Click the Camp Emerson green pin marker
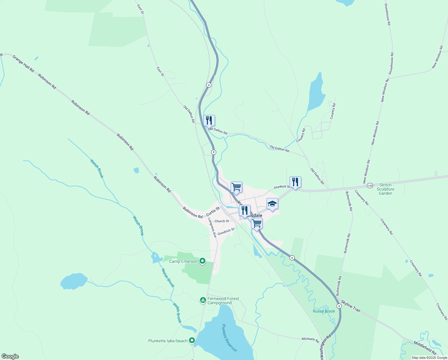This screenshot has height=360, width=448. pos(202,261)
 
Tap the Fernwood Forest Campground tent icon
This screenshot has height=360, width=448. pos(203,300)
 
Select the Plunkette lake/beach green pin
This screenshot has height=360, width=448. pos(192,340)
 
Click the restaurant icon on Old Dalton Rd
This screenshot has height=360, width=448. pos(209,121)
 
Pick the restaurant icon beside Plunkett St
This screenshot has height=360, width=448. pos(295,182)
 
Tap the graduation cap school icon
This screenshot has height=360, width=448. pos(272,204)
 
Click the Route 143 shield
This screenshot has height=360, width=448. pos(370,186)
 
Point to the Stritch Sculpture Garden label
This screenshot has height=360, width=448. pos(385,189)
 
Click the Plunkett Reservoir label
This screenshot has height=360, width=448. pos(230,337)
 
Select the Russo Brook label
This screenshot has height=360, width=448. pos(324,311)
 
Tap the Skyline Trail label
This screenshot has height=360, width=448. pos(351,306)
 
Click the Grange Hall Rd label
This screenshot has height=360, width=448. pos(23,64)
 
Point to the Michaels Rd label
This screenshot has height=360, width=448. pos(310,339)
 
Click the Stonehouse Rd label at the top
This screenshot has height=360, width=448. pos(388,14)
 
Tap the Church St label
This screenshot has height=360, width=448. pos(222,221)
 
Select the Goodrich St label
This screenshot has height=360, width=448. pos(226,232)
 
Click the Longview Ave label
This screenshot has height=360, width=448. pos(212,228)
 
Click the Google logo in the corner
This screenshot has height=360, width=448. pos(10,356)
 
